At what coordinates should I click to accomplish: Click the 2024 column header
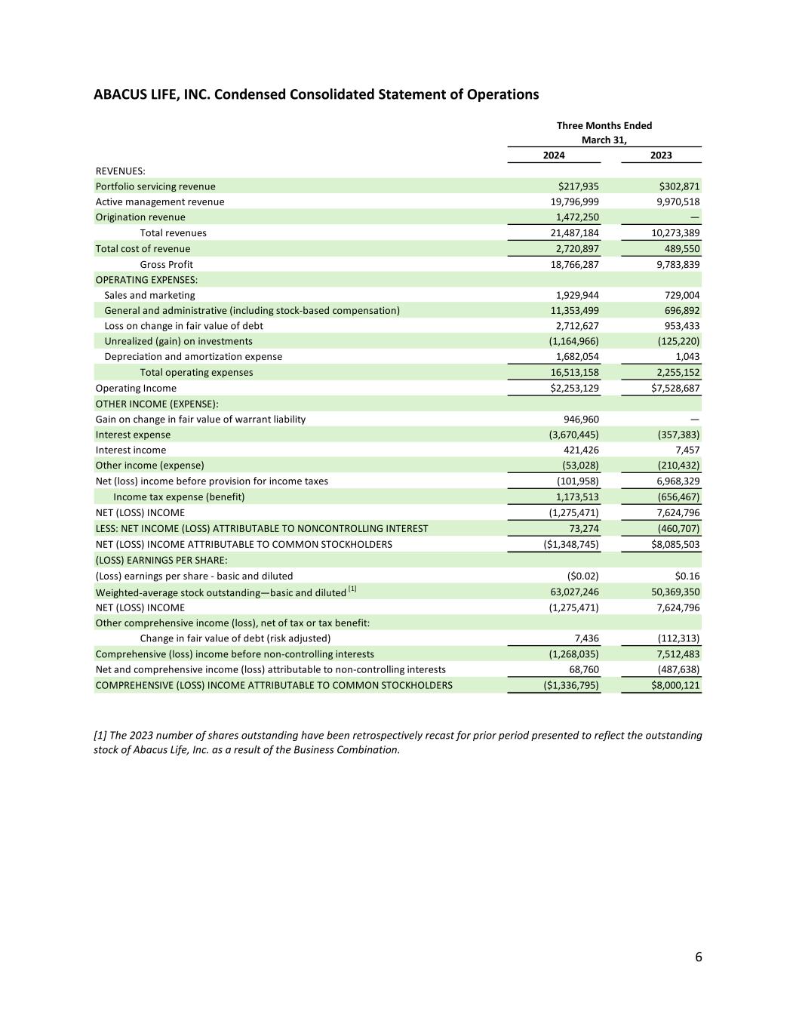(x=554, y=155)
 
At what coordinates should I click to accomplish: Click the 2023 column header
(x=661, y=155)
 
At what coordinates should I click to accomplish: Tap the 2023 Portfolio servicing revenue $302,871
(x=680, y=186)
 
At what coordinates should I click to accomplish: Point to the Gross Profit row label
(x=166, y=265)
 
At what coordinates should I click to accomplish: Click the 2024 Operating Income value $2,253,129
(x=571, y=389)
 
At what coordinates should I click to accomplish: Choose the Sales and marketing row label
(x=149, y=296)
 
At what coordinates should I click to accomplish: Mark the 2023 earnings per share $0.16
(x=687, y=576)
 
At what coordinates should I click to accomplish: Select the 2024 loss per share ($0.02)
(x=582, y=576)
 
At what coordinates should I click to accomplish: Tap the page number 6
(x=698, y=958)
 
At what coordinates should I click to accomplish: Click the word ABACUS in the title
(x=118, y=95)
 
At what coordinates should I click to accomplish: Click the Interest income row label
(x=131, y=450)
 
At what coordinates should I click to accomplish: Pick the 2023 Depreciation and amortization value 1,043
(x=687, y=357)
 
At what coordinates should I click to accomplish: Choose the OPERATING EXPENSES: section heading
(x=146, y=280)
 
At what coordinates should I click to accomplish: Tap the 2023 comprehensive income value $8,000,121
(x=675, y=686)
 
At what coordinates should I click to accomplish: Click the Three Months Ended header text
(x=604, y=126)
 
